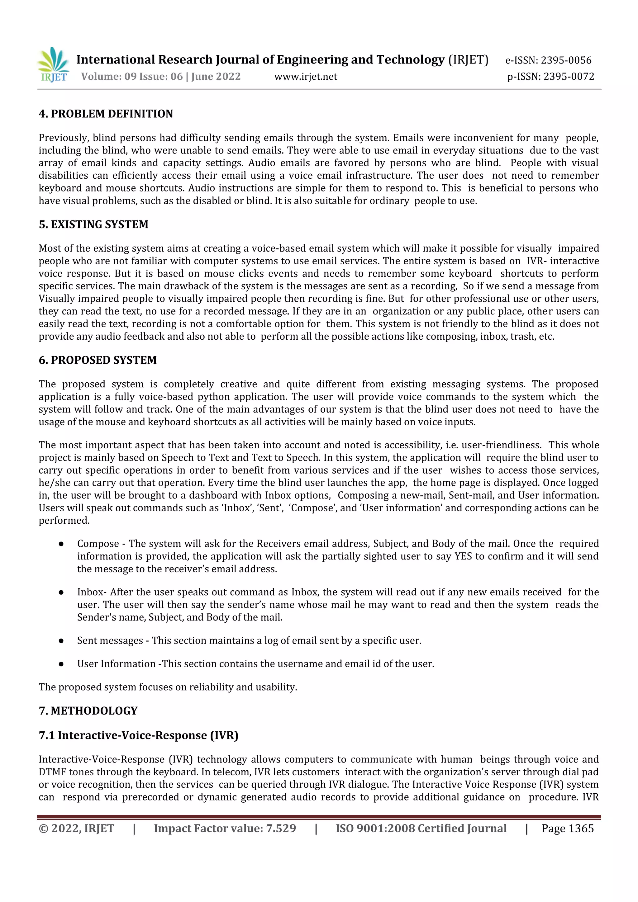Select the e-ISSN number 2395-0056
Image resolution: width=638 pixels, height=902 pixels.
pyautogui.click(x=566, y=60)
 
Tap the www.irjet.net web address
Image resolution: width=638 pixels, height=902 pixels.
pyautogui.click(x=305, y=76)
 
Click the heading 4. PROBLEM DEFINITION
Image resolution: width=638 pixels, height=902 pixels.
pyautogui.click(x=106, y=114)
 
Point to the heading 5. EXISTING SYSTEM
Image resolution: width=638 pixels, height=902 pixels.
pyautogui.click(x=93, y=224)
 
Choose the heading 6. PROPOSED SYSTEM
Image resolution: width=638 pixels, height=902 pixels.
pyautogui.click(x=98, y=360)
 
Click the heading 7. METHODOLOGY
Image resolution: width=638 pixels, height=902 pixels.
pyautogui.click(x=88, y=711)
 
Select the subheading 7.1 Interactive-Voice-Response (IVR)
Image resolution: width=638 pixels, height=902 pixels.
pyautogui.click(x=138, y=735)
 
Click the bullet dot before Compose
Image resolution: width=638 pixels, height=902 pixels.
pyautogui.click(x=61, y=544)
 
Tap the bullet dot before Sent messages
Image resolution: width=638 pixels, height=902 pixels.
pyautogui.click(x=61, y=641)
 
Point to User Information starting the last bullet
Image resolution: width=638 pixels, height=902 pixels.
pyautogui.click(x=117, y=664)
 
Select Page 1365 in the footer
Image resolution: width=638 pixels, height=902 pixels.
pyautogui.click(x=567, y=828)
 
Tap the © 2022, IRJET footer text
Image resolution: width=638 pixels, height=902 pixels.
pyautogui.click(x=76, y=828)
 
